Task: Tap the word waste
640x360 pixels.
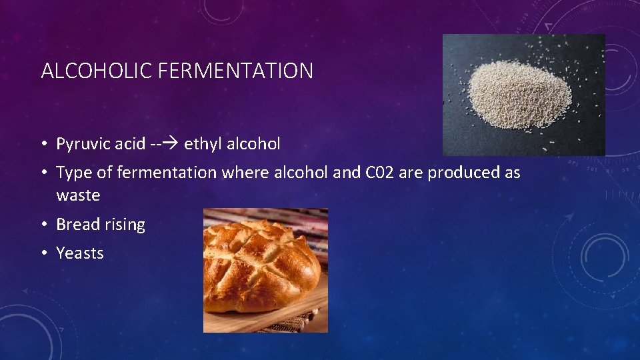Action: coord(78,196)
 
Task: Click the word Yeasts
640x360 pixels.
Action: coord(80,253)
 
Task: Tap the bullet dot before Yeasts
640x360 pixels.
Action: coord(43,253)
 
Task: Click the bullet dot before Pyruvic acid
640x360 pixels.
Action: coord(43,144)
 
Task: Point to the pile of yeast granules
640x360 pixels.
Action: coord(519,94)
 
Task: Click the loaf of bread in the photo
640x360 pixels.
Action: coord(260,263)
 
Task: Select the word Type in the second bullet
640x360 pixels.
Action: coord(71,173)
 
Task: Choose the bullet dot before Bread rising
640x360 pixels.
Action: coord(43,225)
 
